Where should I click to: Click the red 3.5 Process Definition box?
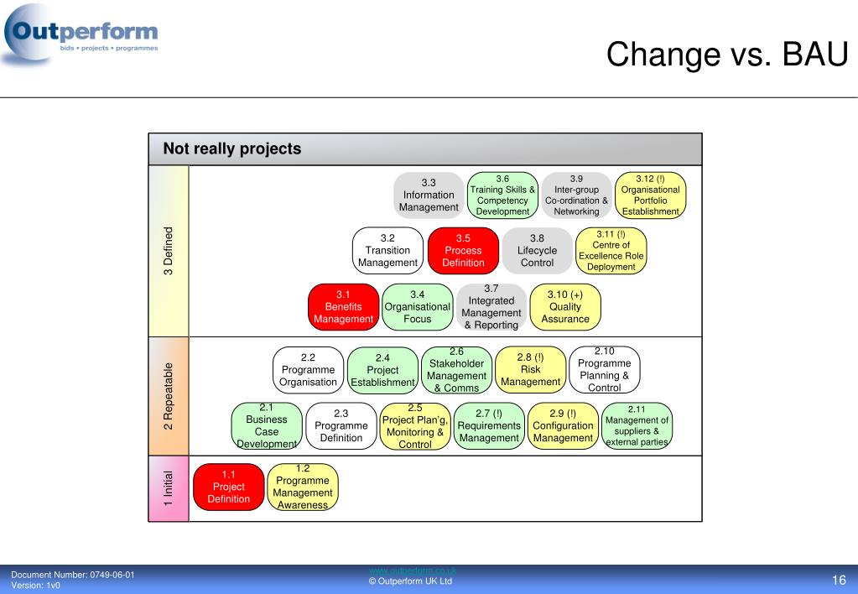coord(463,251)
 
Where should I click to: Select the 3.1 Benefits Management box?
coord(343,307)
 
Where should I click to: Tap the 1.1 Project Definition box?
coord(228,487)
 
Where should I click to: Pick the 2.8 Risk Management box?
coord(530,370)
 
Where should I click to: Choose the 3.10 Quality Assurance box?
coord(564,307)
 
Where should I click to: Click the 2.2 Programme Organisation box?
coord(308,370)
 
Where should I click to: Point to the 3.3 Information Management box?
coord(429,195)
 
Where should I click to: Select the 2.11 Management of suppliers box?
coord(637,426)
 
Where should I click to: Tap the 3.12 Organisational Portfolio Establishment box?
coord(650,195)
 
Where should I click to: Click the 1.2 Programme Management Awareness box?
coord(303,487)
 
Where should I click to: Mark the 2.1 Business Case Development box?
coord(266,426)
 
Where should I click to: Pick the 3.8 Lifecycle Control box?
coord(537,251)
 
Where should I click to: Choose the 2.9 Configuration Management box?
coord(563,426)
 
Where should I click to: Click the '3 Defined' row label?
coord(169,251)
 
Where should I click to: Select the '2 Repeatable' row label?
coord(169,396)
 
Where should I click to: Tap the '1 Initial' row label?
coord(169,487)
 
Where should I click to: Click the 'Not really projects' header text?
coord(231,149)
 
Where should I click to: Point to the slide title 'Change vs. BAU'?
coord(727,55)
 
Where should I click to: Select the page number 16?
coord(839,581)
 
